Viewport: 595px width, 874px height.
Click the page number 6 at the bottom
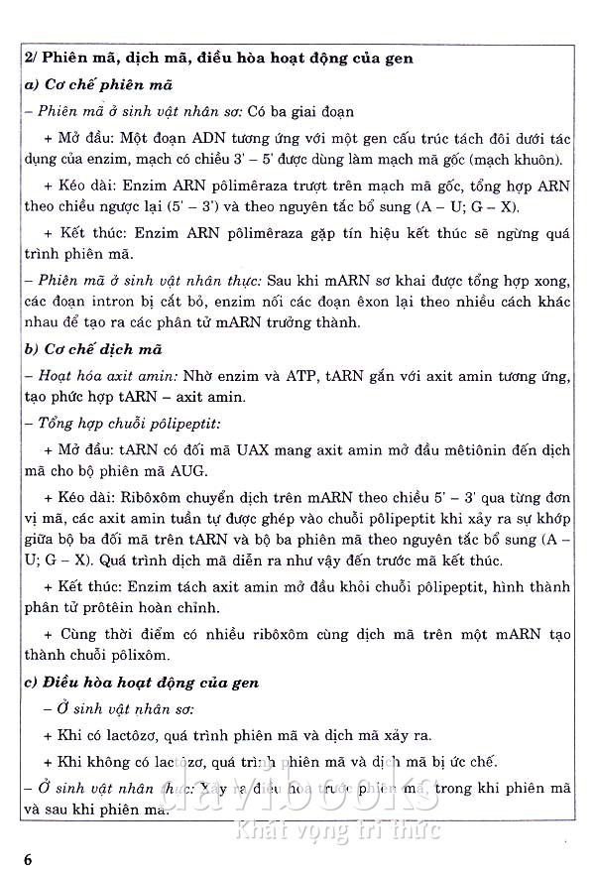[30, 858]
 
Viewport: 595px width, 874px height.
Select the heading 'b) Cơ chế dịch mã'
[94, 349]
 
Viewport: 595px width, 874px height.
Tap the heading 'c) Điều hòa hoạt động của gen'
[142, 683]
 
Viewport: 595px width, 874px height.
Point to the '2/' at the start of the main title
[32, 60]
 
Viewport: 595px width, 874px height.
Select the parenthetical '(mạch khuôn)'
[516, 160]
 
